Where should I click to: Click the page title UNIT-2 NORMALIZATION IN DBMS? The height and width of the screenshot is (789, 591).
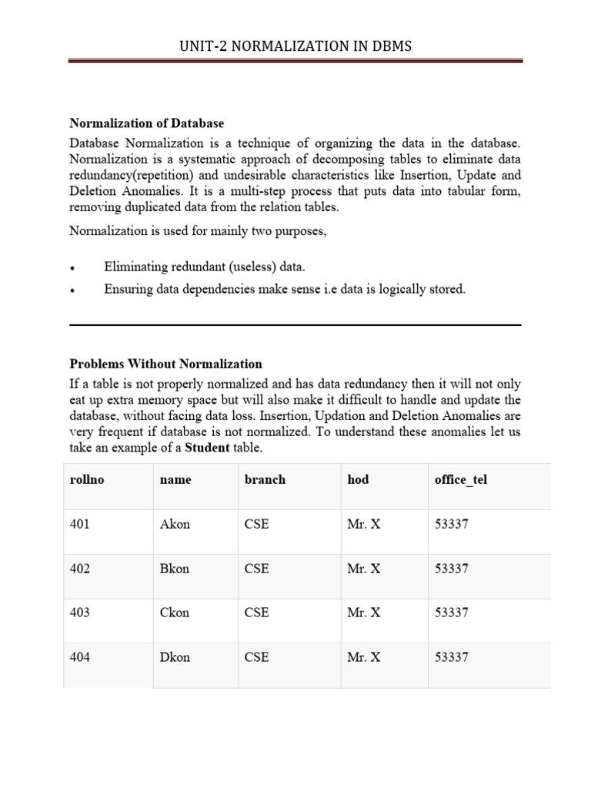295,46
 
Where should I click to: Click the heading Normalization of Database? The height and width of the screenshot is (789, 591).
147,123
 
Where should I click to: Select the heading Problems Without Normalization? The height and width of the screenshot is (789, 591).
165,364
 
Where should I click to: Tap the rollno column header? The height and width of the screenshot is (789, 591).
86,479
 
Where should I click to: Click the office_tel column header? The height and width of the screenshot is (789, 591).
460,479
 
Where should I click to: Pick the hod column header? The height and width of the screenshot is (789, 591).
358,479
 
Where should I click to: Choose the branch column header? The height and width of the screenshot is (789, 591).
265,479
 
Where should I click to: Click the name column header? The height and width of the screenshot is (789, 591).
175,479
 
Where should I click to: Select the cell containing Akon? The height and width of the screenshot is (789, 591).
175,524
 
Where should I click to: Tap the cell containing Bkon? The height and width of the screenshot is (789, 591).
175,569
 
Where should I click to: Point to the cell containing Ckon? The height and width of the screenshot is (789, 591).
175,613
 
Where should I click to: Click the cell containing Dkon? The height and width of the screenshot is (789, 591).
175,657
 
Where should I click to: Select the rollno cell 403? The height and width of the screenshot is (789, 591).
79,613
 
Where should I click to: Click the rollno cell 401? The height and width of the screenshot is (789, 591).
79,524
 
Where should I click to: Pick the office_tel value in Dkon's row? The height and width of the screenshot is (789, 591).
451,657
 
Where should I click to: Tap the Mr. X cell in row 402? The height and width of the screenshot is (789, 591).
363,569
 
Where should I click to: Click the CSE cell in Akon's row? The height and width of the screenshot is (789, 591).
256,524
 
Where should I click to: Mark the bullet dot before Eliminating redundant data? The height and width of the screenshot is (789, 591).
72,269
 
